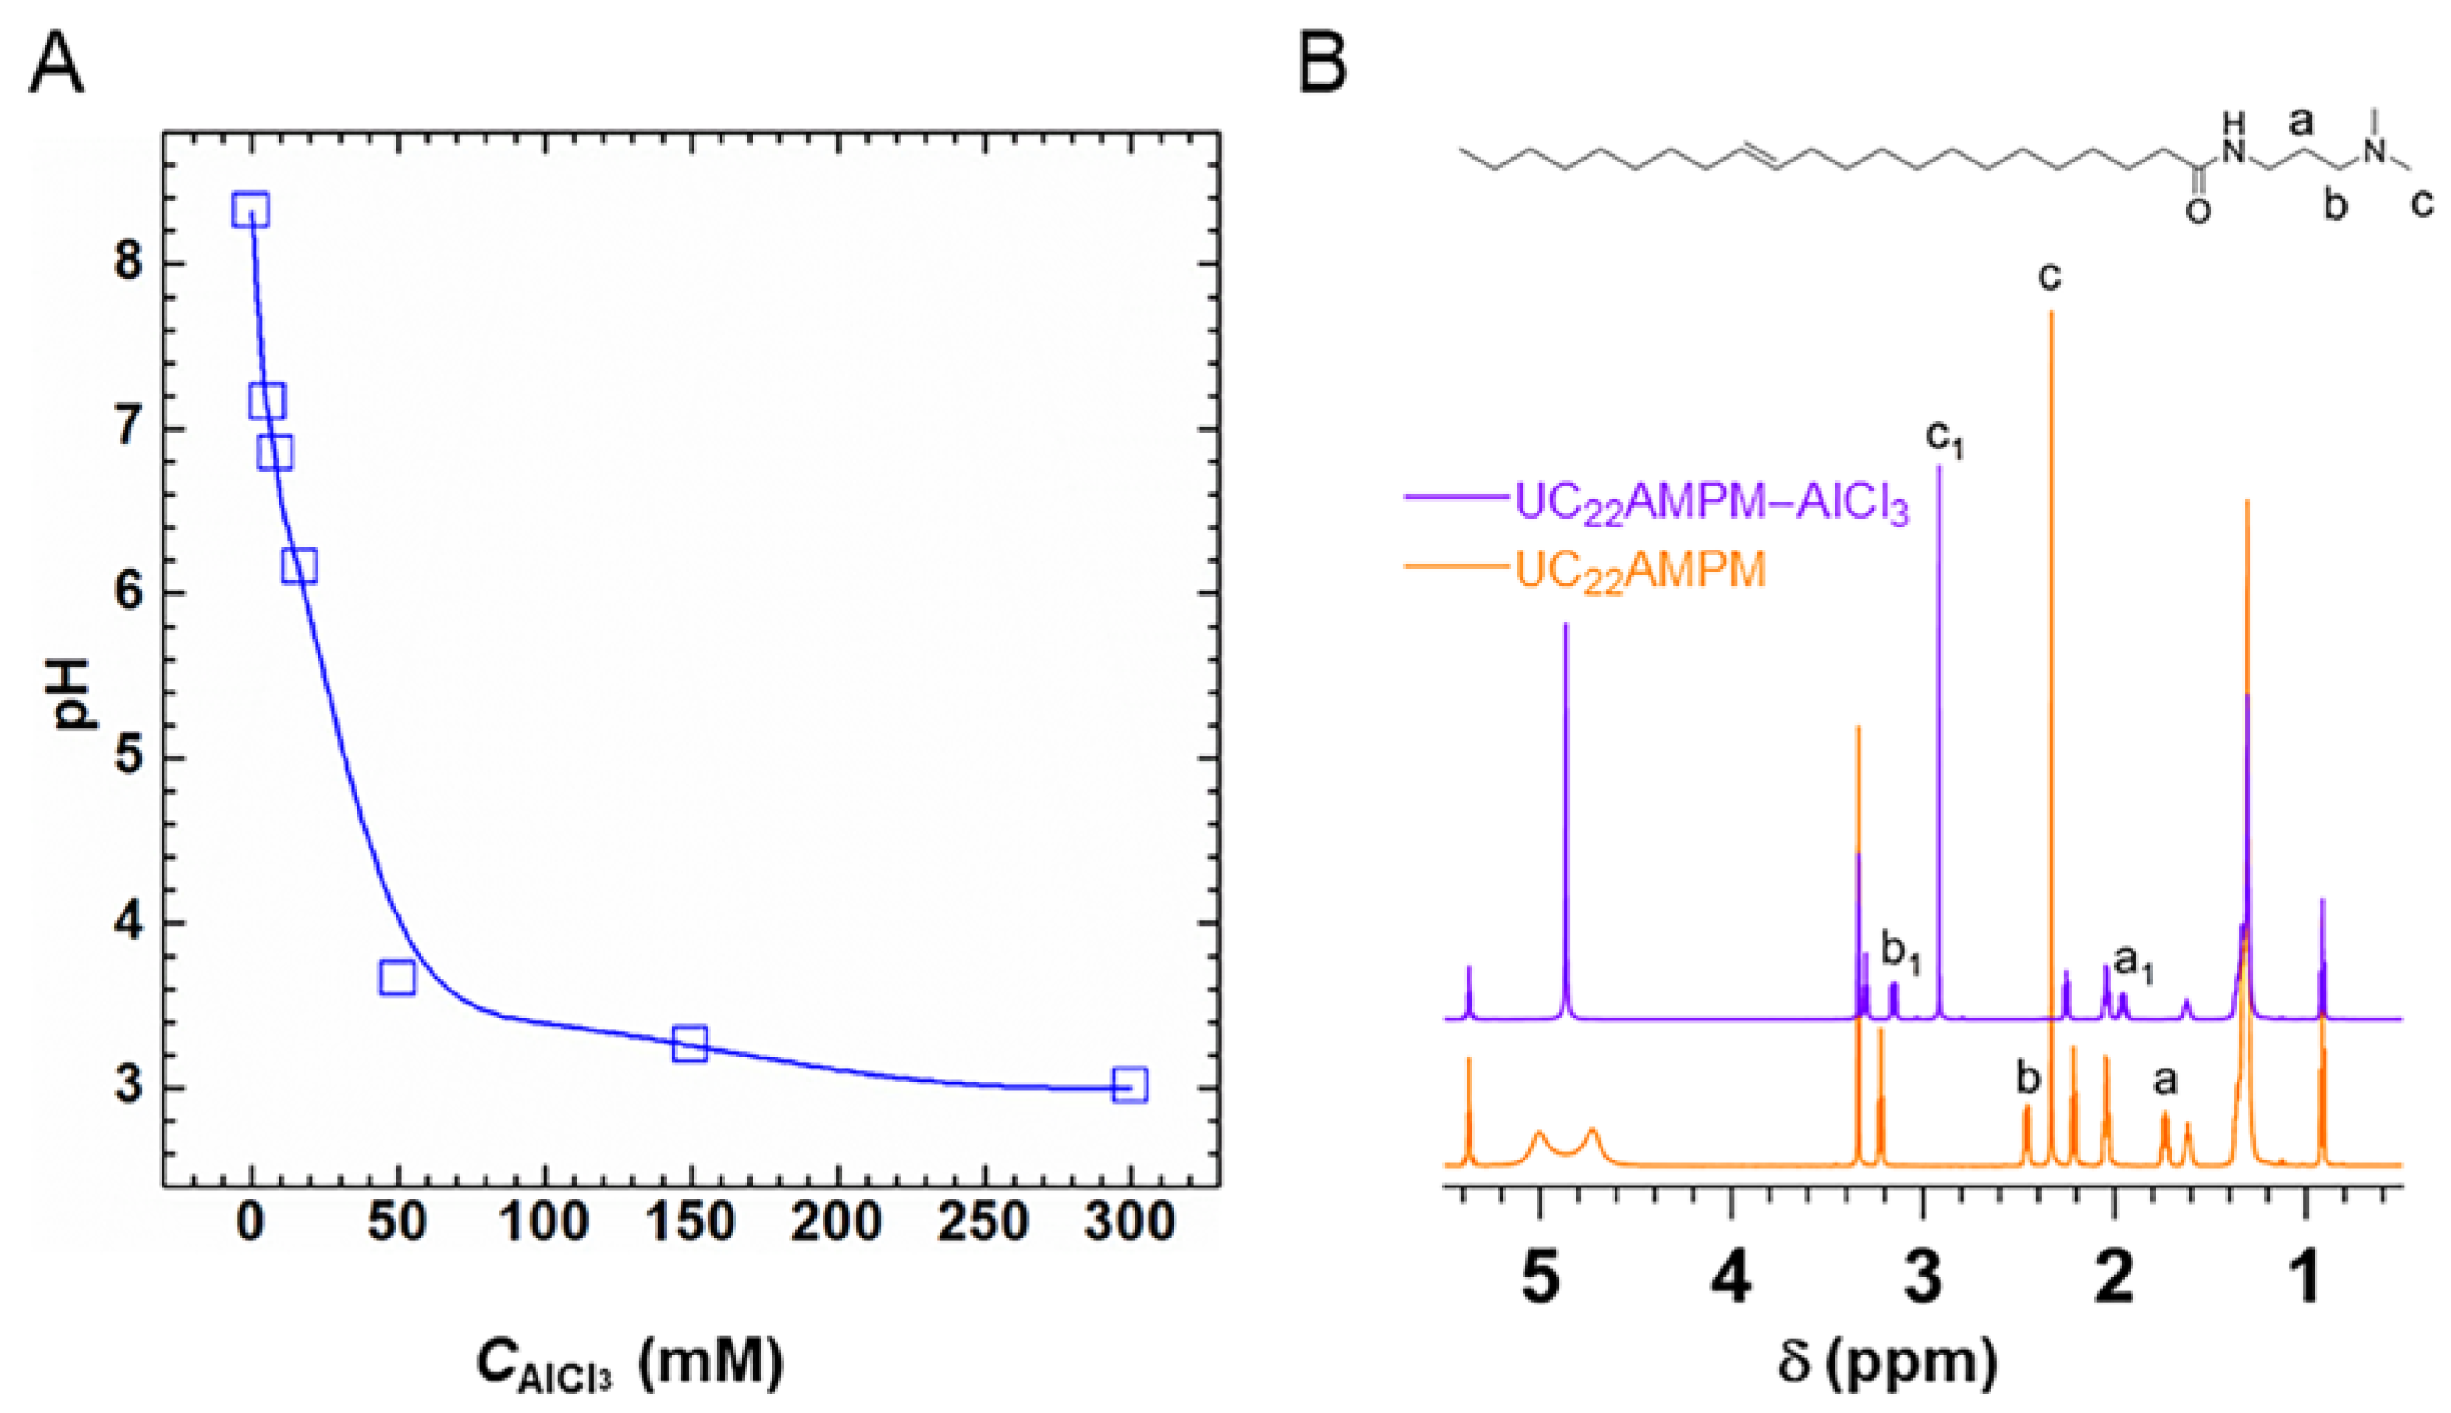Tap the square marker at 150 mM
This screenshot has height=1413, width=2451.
click(690, 1044)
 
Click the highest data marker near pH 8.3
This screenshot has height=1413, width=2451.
click(251, 210)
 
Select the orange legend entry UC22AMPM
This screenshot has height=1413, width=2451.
click(1640, 570)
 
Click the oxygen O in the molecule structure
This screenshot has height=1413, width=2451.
click(2198, 211)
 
